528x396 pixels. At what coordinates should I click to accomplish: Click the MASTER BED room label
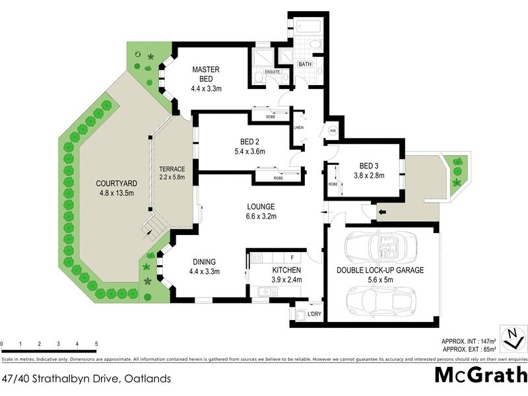(x=205, y=74)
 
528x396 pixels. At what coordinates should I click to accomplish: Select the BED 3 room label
(x=371, y=165)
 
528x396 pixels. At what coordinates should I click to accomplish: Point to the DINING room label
(x=204, y=261)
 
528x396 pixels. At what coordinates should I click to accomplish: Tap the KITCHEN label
(x=286, y=271)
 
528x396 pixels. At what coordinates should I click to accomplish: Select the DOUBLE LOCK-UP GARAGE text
(x=379, y=270)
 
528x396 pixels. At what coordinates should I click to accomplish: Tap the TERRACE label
(x=172, y=169)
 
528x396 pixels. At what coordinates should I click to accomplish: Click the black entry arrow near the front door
(x=381, y=212)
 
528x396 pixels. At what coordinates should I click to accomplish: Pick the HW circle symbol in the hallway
(x=332, y=131)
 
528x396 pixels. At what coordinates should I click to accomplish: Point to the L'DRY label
(x=314, y=315)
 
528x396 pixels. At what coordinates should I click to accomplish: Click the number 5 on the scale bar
(x=97, y=345)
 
